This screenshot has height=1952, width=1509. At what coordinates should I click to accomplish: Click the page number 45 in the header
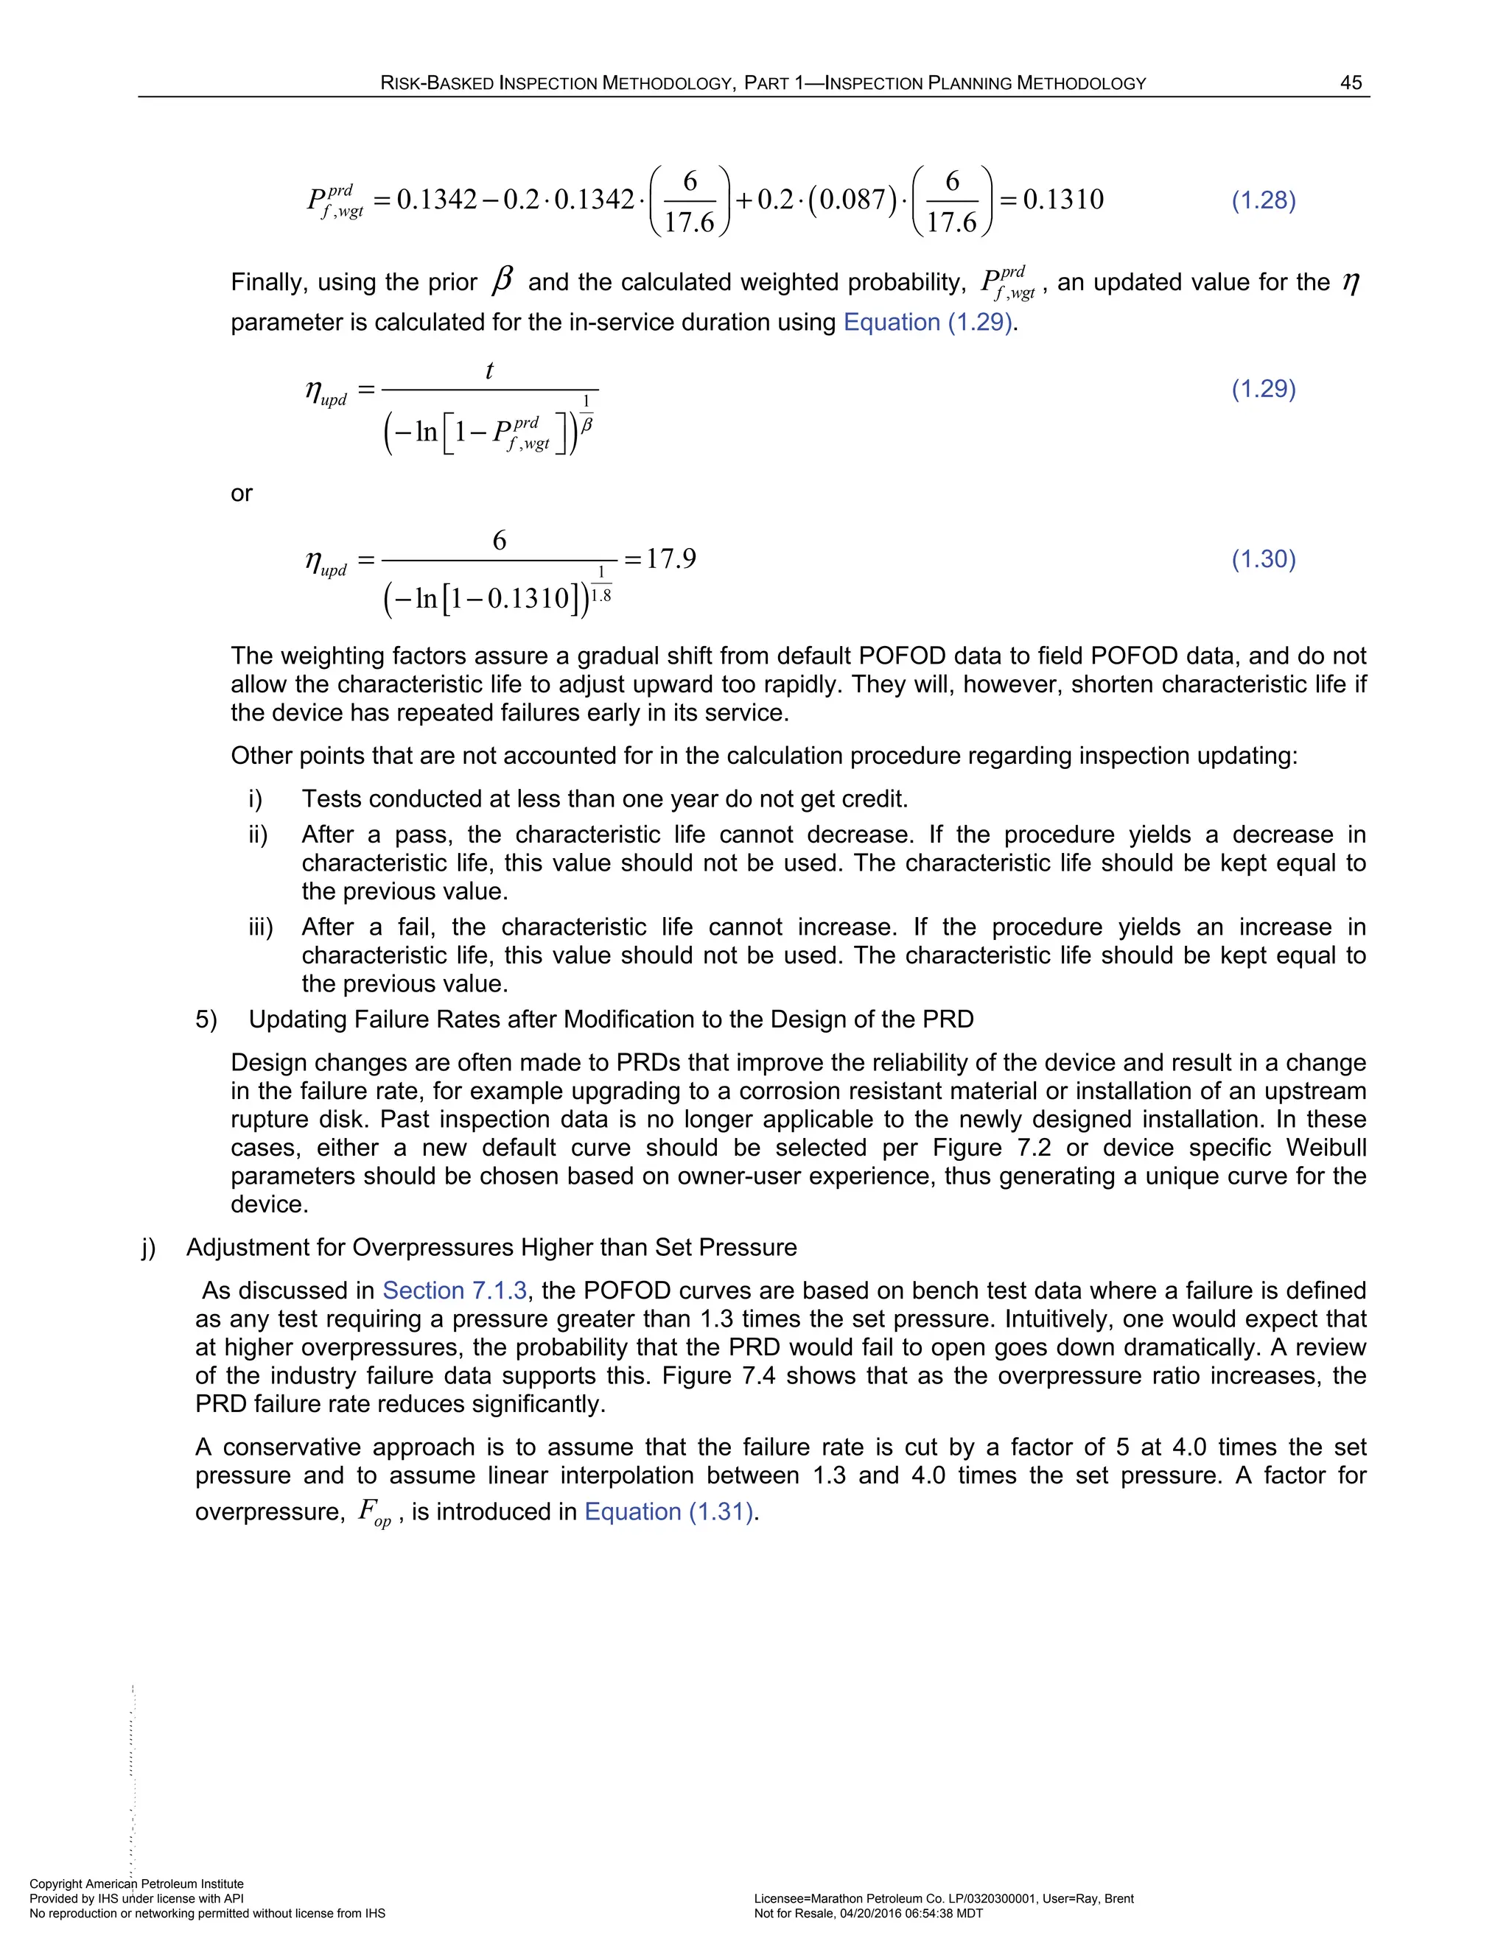[x=1350, y=83]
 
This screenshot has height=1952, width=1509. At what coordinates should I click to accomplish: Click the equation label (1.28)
[x=1263, y=200]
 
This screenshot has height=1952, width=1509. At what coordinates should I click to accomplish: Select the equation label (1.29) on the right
[x=1263, y=389]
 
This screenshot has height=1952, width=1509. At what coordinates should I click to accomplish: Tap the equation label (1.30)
[x=1263, y=560]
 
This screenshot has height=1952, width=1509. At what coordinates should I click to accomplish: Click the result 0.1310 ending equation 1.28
[x=1063, y=200]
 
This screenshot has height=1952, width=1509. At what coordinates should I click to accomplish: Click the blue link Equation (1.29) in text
[x=927, y=323]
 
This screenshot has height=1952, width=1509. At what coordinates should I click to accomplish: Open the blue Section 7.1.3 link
[x=454, y=1291]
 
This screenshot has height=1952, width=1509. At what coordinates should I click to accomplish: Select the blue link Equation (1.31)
[x=670, y=1512]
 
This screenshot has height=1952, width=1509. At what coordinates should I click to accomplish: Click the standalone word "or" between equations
[x=242, y=494]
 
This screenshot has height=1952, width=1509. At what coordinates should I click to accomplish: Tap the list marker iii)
[x=260, y=927]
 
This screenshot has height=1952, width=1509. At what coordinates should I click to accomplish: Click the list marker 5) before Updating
[x=206, y=1019]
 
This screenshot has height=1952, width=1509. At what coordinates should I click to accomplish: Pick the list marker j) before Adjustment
[x=148, y=1248]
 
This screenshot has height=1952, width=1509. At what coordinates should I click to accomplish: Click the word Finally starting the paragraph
[x=265, y=282]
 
